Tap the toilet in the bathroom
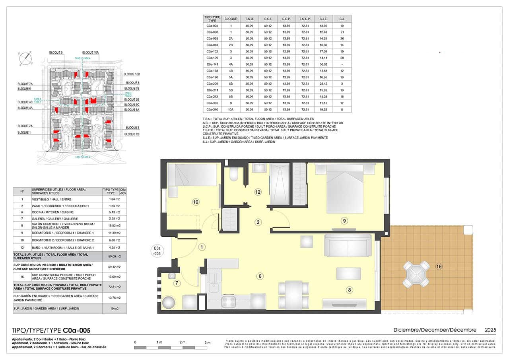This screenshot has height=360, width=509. (x=234, y=174)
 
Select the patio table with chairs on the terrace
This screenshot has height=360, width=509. (x=416, y=274)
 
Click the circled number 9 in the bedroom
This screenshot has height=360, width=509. (x=344, y=220)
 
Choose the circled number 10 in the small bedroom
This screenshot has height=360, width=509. (x=195, y=202)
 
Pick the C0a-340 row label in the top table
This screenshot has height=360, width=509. (x=212, y=109)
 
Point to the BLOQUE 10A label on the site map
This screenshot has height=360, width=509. (x=90, y=53)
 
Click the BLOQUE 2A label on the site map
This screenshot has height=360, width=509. (x=25, y=126)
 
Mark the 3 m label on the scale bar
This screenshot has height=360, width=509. (x=207, y=342)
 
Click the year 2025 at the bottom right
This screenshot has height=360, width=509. (x=490, y=330)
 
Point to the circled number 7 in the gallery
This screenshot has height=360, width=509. (x=177, y=283)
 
